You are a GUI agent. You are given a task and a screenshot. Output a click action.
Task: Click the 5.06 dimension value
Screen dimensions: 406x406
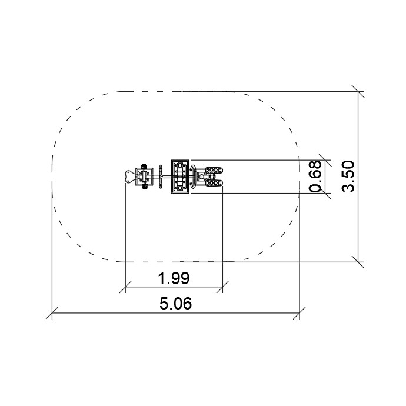pos(175,304)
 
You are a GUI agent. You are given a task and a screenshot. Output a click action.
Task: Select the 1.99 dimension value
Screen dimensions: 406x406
pos(174,278)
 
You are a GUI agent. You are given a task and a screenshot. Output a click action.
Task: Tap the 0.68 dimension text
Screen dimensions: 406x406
pos(315,177)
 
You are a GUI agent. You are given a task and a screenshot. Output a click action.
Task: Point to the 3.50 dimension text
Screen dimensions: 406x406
pos(348,176)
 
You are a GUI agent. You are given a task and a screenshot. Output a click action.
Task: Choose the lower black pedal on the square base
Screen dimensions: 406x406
pos(144,187)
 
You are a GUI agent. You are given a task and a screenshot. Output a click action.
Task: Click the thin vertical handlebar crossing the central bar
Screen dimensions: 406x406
pos(161,177)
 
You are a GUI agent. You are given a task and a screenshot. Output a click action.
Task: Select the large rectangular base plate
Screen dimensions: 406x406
pos(180,177)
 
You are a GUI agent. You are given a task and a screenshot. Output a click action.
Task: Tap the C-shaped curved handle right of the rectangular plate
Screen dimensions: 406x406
pos(192,177)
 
